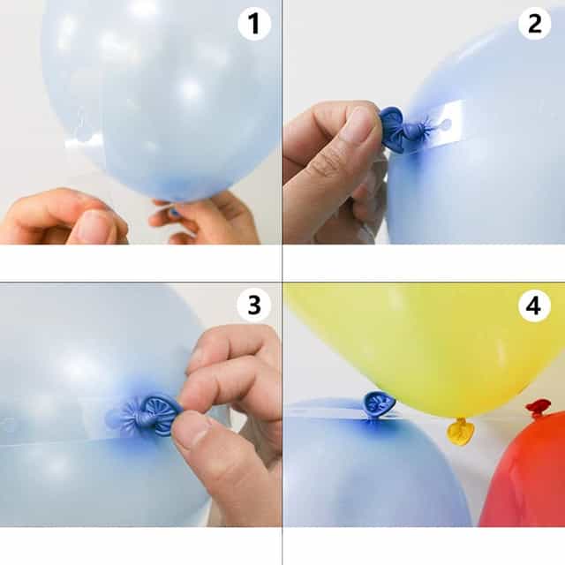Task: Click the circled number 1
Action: pos(254,24)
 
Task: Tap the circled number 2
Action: pos(535,24)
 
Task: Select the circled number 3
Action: pos(254,305)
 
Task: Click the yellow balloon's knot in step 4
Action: pos(460,431)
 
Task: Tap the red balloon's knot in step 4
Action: pos(538,408)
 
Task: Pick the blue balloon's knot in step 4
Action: pos(380,404)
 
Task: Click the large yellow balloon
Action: pos(424,344)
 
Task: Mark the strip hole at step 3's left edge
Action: pos(10,425)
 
